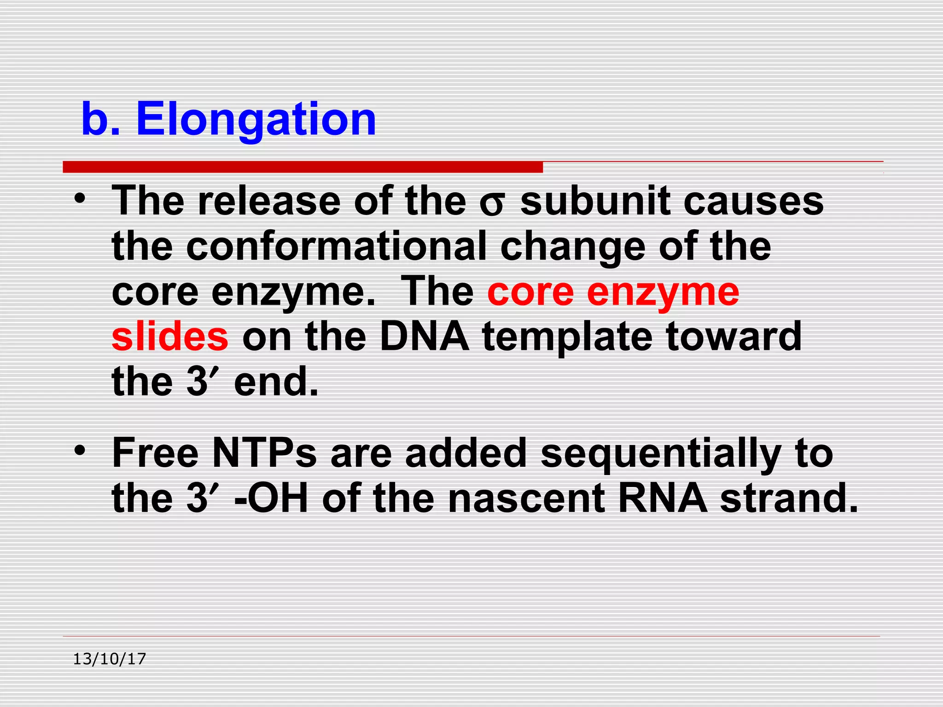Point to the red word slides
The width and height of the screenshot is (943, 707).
[169, 336]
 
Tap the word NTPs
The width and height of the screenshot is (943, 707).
[264, 453]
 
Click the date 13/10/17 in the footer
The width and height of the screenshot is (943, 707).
[110, 659]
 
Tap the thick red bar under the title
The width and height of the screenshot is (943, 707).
[303, 167]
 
